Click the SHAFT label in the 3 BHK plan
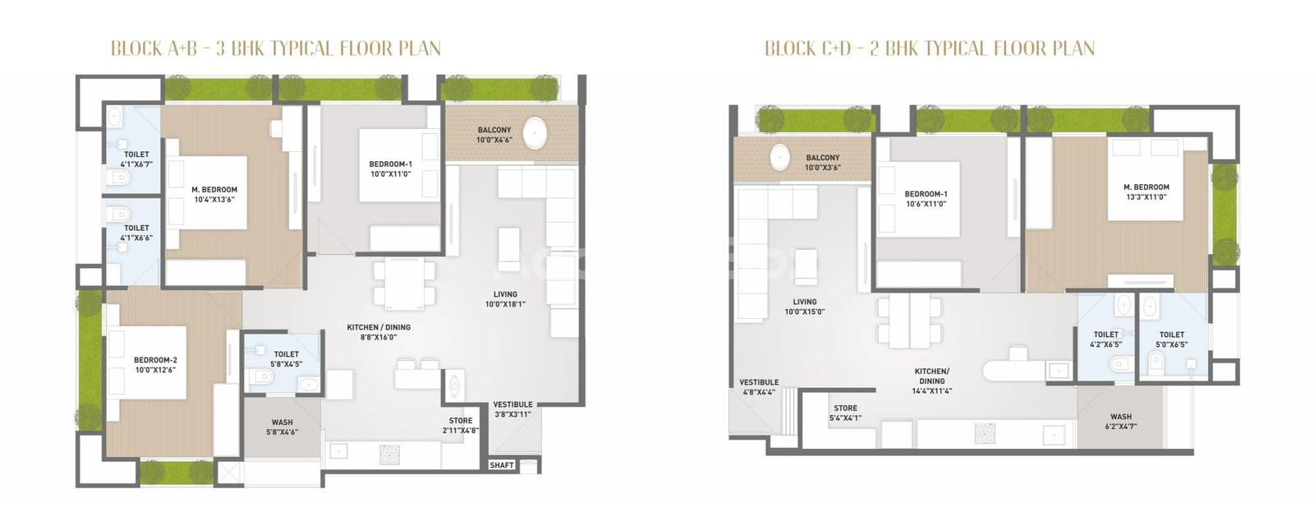502,465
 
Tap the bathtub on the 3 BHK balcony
535,132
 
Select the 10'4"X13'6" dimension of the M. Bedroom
214,200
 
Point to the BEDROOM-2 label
155,360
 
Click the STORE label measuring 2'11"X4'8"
461,420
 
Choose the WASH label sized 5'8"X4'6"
283,422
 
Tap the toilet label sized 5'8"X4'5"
287,354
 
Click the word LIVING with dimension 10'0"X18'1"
505,294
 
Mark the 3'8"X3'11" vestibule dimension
512,414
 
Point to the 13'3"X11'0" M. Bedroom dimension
1146,197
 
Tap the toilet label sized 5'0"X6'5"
1171,335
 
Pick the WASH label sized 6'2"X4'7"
1121,417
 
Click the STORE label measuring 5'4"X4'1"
845,408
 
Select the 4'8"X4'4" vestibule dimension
759,392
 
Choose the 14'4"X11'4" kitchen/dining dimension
932,390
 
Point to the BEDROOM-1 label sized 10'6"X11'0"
926,194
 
